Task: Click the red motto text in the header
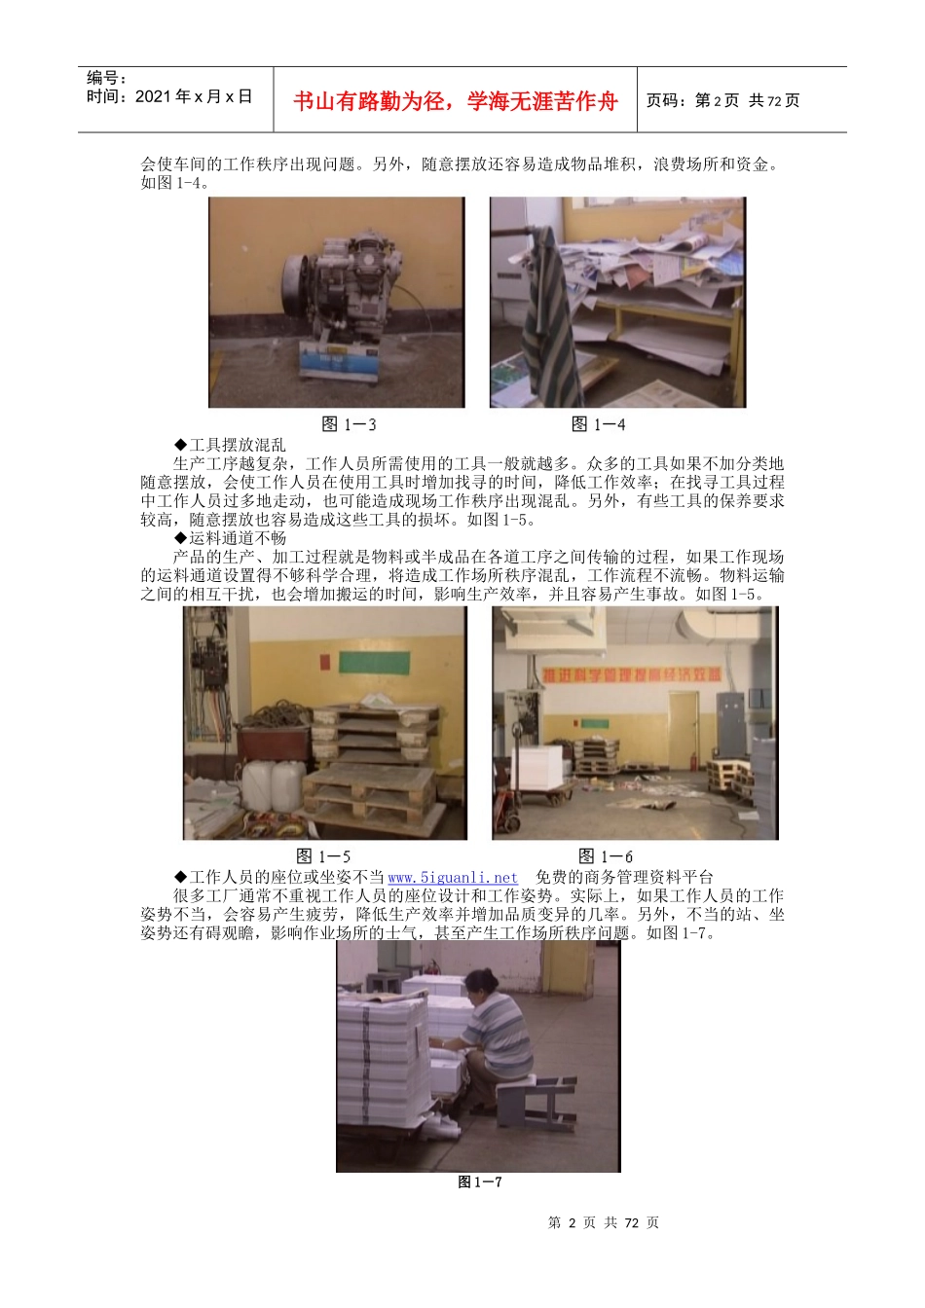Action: [x=455, y=101]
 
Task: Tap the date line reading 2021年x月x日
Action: [x=169, y=96]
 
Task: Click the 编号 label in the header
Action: [x=106, y=78]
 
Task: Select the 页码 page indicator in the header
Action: [x=722, y=100]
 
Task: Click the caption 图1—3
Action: [x=349, y=424]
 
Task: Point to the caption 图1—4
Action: [x=598, y=424]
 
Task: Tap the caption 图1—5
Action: [x=323, y=856]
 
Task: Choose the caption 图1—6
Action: [x=606, y=856]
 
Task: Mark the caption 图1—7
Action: [x=480, y=1182]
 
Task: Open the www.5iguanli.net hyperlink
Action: [x=453, y=877]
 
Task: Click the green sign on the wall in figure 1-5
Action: [x=371, y=663]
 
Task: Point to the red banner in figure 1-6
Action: [x=633, y=674]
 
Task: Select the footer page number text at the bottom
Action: [x=604, y=1223]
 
